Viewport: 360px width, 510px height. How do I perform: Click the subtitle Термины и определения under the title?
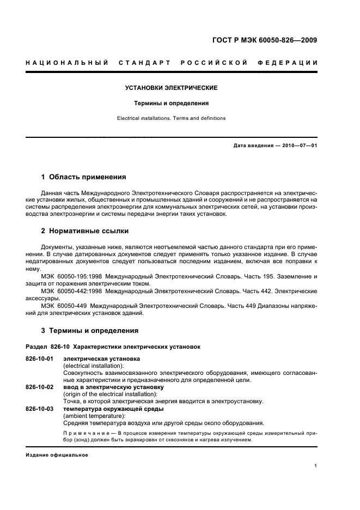pos(172,103)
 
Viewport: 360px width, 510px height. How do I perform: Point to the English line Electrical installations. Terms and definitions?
pos(172,118)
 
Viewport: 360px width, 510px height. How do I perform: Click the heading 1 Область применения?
pos(84,177)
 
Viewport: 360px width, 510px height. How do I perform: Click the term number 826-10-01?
pos(39,359)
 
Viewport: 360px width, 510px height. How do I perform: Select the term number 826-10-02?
pos(39,387)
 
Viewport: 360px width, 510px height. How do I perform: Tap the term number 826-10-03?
pos(39,409)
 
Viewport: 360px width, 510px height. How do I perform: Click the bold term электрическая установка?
pos(102,359)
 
